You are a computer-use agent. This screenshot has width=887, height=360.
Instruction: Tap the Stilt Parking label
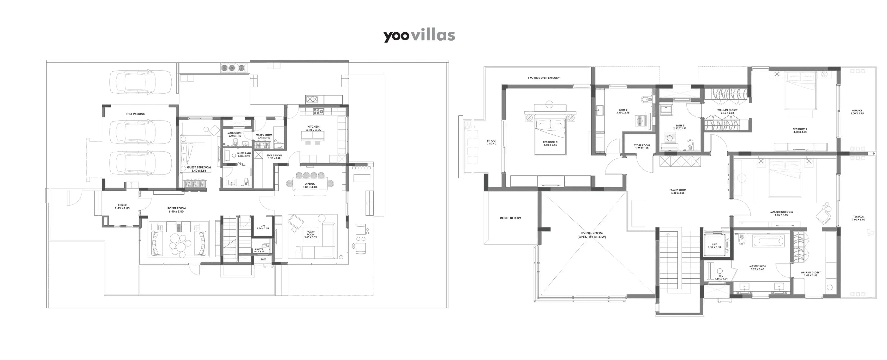(x=135, y=114)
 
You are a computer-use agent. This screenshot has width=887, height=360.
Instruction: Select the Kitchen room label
(x=313, y=128)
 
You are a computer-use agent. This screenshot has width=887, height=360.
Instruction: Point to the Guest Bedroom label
(x=199, y=169)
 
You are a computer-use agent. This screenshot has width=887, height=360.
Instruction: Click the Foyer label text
(x=122, y=207)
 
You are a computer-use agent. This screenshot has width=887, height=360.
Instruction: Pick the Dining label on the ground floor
(x=310, y=185)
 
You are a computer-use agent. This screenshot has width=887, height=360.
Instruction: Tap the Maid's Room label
(x=264, y=136)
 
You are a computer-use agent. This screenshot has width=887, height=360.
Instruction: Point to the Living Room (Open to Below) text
(x=592, y=235)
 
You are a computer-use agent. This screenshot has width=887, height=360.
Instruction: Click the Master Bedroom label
(x=781, y=213)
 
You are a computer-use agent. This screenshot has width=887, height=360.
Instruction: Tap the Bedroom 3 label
(x=550, y=143)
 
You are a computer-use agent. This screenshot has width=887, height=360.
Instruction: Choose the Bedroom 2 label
(x=800, y=131)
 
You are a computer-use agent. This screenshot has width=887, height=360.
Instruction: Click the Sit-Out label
(x=492, y=142)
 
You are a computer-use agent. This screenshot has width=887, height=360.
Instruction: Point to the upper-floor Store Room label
(x=642, y=147)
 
